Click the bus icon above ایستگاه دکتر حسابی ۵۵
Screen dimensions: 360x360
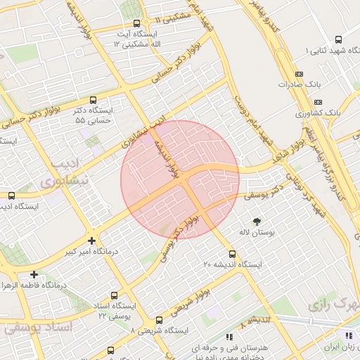(x=94, y=101)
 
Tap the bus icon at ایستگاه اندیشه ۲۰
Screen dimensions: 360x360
(x=232, y=254)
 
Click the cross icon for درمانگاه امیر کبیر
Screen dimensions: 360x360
(x=91, y=240)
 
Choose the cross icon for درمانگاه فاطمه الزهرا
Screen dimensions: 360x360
(x=33, y=274)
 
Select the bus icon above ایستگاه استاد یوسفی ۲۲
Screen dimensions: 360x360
(x=115, y=296)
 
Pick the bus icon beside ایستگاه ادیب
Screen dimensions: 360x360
(x=11, y=196)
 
